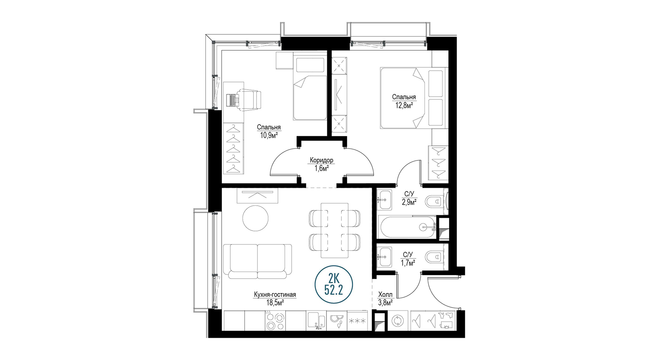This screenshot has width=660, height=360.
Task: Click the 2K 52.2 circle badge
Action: coord(334,284)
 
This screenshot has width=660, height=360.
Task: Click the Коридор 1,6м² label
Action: coord(321,164)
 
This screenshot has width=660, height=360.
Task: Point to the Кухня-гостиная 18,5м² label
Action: coord(275,299)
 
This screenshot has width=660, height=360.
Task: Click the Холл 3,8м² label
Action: coord(385,299)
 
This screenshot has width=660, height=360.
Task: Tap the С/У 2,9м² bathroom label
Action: coord(409,198)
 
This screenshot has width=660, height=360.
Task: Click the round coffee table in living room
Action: coord(255,218)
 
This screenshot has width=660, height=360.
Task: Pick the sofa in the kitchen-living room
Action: coord(257,261)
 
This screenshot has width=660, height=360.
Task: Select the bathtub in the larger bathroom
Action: coord(408,227)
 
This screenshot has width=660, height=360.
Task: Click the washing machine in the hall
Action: coord(398,321)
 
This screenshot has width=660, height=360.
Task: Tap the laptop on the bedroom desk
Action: coord(233,100)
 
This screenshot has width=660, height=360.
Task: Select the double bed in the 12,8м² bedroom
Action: coord(414,98)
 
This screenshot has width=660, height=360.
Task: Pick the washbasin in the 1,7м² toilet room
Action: coord(385,257)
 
